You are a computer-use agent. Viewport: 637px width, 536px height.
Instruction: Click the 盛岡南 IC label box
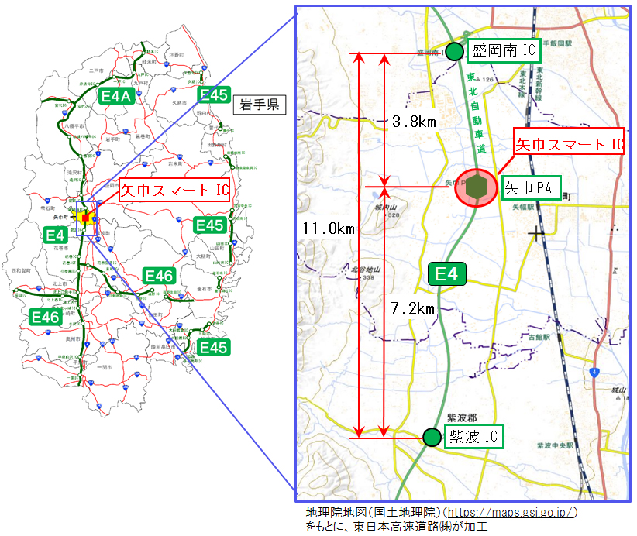(x=503, y=51)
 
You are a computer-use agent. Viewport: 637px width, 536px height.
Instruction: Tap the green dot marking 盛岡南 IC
(x=454, y=51)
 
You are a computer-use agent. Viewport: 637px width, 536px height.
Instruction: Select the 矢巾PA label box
(x=531, y=187)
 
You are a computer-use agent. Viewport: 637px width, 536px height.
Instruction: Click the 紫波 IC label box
(x=473, y=436)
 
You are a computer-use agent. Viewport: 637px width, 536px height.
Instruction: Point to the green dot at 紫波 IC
(x=431, y=437)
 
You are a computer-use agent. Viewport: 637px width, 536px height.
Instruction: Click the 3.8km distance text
(x=414, y=122)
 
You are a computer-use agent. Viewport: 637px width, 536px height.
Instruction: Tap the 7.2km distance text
(x=414, y=308)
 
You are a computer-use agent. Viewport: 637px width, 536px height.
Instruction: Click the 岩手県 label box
(x=259, y=105)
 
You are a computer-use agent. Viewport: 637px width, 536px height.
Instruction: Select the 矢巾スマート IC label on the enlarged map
(x=570, y=143)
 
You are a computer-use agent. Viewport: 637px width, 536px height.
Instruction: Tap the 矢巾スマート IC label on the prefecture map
(x=175, y=189)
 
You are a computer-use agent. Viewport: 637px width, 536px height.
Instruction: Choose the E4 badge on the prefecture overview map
(x=55, y=234)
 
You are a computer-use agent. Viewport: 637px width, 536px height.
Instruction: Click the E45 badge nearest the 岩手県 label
(x=214, y=94)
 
